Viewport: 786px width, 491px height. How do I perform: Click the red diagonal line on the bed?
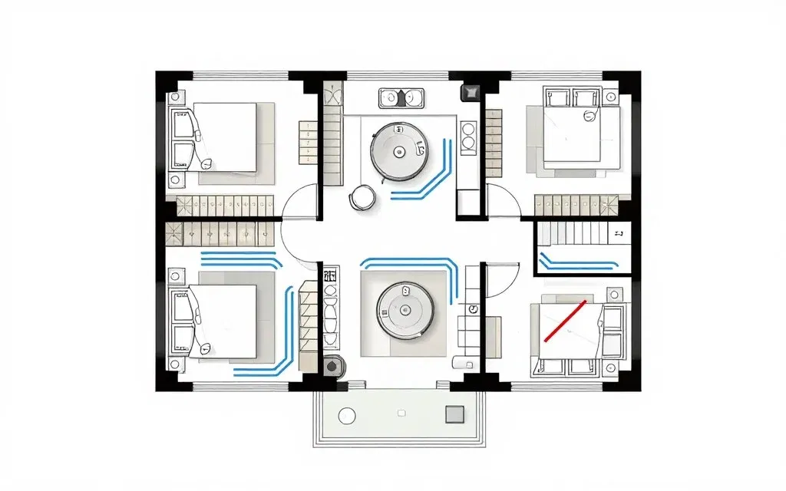[x=565, y=320]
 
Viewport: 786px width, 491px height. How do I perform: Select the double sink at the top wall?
[x=402, y=97]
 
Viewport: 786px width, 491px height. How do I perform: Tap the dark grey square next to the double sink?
[x=467, y=94]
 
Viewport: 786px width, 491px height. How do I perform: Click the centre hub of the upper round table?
[x=398, y=152]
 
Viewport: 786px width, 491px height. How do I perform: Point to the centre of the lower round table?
[x=406, y=310]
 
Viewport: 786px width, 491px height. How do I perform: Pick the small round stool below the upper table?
[x=362, y=198]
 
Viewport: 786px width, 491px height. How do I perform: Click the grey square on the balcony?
[x=455, y=414]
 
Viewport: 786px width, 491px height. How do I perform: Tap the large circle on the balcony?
[x=347, y=416]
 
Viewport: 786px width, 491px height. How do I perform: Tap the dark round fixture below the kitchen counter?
[x=332, y=366]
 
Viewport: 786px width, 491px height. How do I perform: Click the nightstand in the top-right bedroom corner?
[x=611, y=97]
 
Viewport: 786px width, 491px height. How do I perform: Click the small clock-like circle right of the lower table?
[x=473, y=308]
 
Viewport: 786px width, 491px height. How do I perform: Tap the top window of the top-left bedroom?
[x=240, y=75]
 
